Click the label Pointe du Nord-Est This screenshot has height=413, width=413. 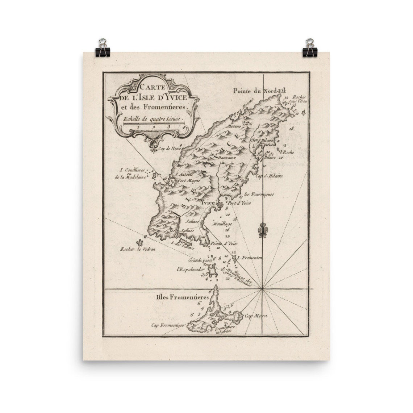point(257,91)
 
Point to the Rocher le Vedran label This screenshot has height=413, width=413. point(136,249)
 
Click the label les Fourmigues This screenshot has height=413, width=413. point(259,194)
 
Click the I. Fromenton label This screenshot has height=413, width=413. point(250,258)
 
